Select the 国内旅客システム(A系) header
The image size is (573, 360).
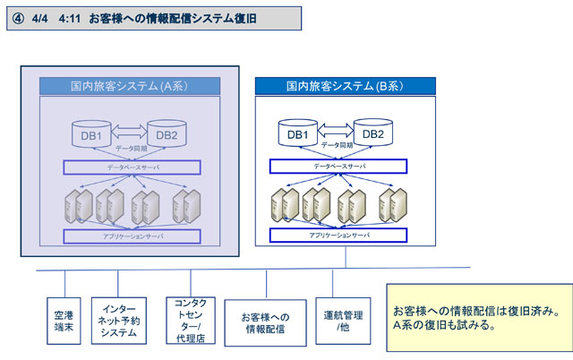(x=132, y=86)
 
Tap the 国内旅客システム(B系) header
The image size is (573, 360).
(x=346, y=86)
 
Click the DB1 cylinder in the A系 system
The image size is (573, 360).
(x=90, y=134)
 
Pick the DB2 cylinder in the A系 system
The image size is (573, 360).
(x=167, y=134)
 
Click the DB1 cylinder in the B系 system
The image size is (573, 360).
(x=297, y=133)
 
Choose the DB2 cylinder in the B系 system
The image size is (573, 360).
(x=373, y=133)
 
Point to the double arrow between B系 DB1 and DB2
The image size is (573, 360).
(x=335, y=128)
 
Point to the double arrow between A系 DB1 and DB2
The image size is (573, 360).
(x=128, y=129)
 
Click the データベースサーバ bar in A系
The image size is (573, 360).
(x=132, y=167)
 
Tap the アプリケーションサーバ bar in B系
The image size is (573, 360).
(x=338, y=235)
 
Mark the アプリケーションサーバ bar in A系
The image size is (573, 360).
(x=132, y=236)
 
